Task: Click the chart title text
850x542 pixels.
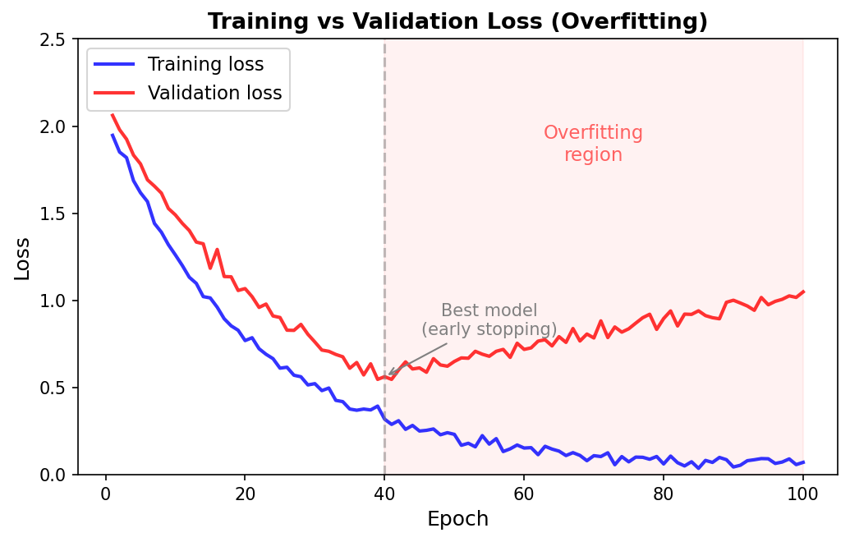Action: coord(457,21)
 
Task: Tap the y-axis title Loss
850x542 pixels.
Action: coord(22,258)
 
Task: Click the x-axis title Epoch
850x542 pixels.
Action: coord(457,519)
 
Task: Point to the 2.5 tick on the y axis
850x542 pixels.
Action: coord(54,39)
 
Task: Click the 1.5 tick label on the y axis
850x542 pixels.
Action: coord(54,214)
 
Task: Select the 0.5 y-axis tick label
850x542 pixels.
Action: coord(54,388)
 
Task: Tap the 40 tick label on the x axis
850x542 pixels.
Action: coord(384,494)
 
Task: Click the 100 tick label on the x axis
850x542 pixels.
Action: coord(802,494)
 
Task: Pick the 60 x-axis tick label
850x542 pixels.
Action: coord(524,494)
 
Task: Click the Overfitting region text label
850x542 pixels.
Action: coord(593,144)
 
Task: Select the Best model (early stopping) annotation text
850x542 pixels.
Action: coord(489,320)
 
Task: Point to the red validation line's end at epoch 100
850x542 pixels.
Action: coord(802,292)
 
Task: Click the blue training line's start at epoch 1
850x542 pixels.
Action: coord(113,135)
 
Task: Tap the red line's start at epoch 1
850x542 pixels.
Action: coord(113,115)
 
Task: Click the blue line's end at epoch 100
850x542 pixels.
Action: coord(802,462)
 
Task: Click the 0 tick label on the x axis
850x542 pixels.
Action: coord(105,494)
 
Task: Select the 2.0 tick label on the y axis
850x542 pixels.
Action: coord(54,126)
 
